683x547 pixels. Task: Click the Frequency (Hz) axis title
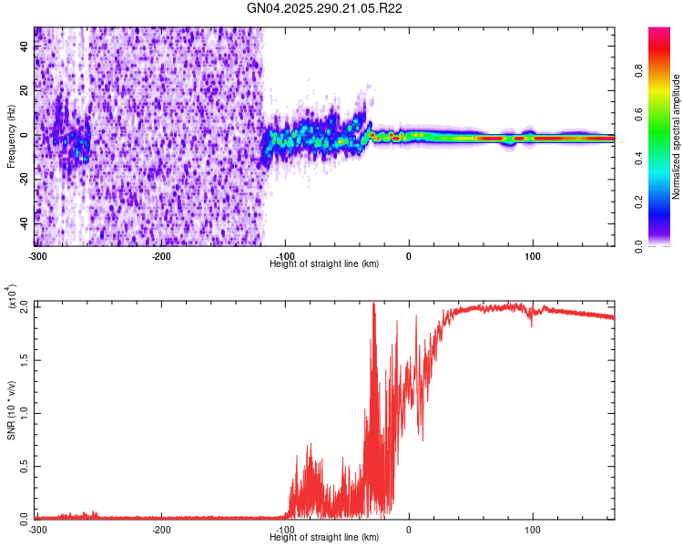[x=11, y=136]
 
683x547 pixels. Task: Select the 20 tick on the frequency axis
[x=25, y=91]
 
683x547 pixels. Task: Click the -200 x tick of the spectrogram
[x=161, y=254]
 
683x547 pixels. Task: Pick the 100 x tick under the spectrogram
[x=532, y=254]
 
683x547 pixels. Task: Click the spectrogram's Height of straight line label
[x=324, y=263]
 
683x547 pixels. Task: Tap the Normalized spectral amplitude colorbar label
[x=676, y=137]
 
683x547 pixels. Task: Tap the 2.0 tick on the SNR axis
[x=25, y=306]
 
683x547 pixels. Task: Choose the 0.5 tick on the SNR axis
[x=25, y=466]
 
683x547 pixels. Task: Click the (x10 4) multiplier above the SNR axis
[x=11, y=297]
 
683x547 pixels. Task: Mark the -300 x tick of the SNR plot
[x=37, y=529]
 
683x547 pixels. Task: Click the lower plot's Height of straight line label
[x=324, y=538]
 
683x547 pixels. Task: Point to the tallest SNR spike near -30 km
[x=374, y=304]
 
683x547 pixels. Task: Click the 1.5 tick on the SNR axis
[x=25, y=359]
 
